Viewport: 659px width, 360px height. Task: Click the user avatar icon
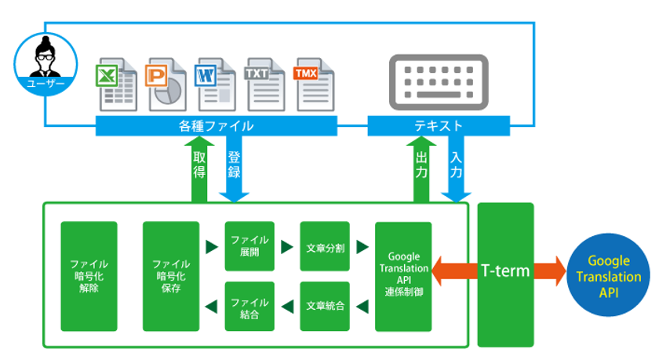pos(42,60)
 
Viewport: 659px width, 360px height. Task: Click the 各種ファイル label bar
pos(217,125)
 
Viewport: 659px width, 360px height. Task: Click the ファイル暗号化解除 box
pos(89,276)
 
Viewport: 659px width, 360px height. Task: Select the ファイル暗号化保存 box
pos(171,276)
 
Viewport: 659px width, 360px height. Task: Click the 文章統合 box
pos(325,306)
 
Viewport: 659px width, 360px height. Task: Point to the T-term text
pos(505,271)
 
